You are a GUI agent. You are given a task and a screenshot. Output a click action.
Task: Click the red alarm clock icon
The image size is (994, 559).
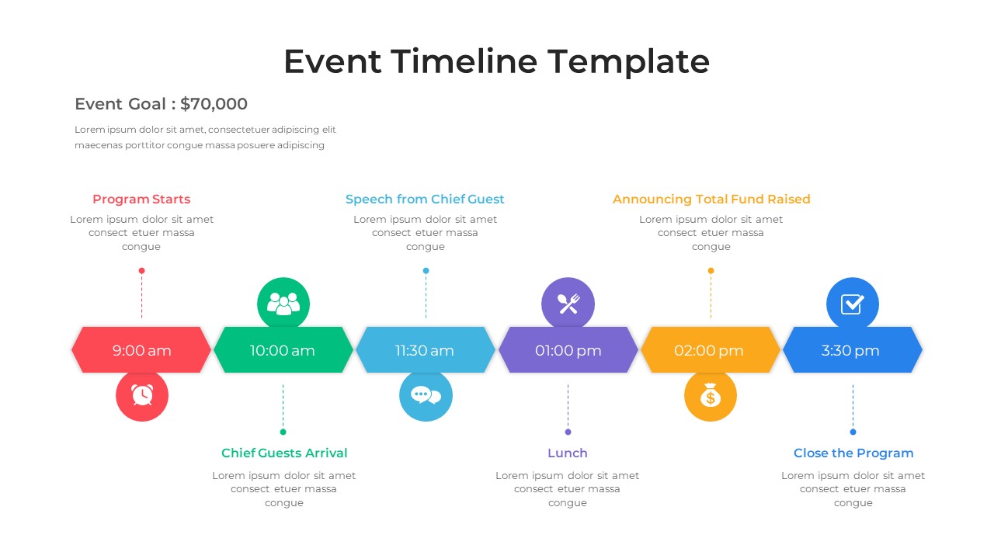point(142,395)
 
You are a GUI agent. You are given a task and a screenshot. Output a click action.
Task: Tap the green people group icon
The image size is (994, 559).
point(283,304)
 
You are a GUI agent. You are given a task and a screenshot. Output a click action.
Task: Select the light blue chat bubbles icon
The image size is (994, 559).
point(426,395)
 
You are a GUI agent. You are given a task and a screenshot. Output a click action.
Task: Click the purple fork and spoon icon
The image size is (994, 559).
point(568,304)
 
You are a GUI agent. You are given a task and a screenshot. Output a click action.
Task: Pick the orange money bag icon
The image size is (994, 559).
point(711,396)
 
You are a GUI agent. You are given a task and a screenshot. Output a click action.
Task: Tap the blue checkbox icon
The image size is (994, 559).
point(853,304)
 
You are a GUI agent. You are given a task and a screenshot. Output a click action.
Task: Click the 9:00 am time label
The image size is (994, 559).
point(141,350)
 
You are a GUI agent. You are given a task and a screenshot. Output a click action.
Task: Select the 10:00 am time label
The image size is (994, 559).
point(283,350)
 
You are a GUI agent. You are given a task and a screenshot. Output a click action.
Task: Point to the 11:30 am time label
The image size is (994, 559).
point(425,350)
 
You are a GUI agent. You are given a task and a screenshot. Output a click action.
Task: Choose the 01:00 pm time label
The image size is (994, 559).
point(568,350)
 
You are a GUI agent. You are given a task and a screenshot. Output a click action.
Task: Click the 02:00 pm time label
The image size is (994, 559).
point(709,350)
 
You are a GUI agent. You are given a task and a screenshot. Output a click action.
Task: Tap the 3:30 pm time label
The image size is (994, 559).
point(851,350)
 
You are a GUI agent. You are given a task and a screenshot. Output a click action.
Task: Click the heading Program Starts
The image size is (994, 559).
point(141,200)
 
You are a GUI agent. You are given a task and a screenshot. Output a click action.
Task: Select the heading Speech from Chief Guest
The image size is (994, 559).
point(425,200)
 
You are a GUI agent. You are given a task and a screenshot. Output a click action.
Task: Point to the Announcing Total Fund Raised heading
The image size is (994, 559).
point(711,200)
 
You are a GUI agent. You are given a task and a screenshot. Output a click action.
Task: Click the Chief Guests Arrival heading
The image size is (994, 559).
point(284,453)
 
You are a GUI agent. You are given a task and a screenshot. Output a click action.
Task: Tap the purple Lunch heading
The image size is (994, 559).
point(568,453)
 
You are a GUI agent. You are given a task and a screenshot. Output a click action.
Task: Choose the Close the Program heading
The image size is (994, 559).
point(853,453)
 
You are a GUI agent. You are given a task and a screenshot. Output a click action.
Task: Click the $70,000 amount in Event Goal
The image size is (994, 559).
point(214,104)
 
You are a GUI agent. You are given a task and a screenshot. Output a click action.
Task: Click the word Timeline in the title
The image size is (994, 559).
point(464,61)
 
